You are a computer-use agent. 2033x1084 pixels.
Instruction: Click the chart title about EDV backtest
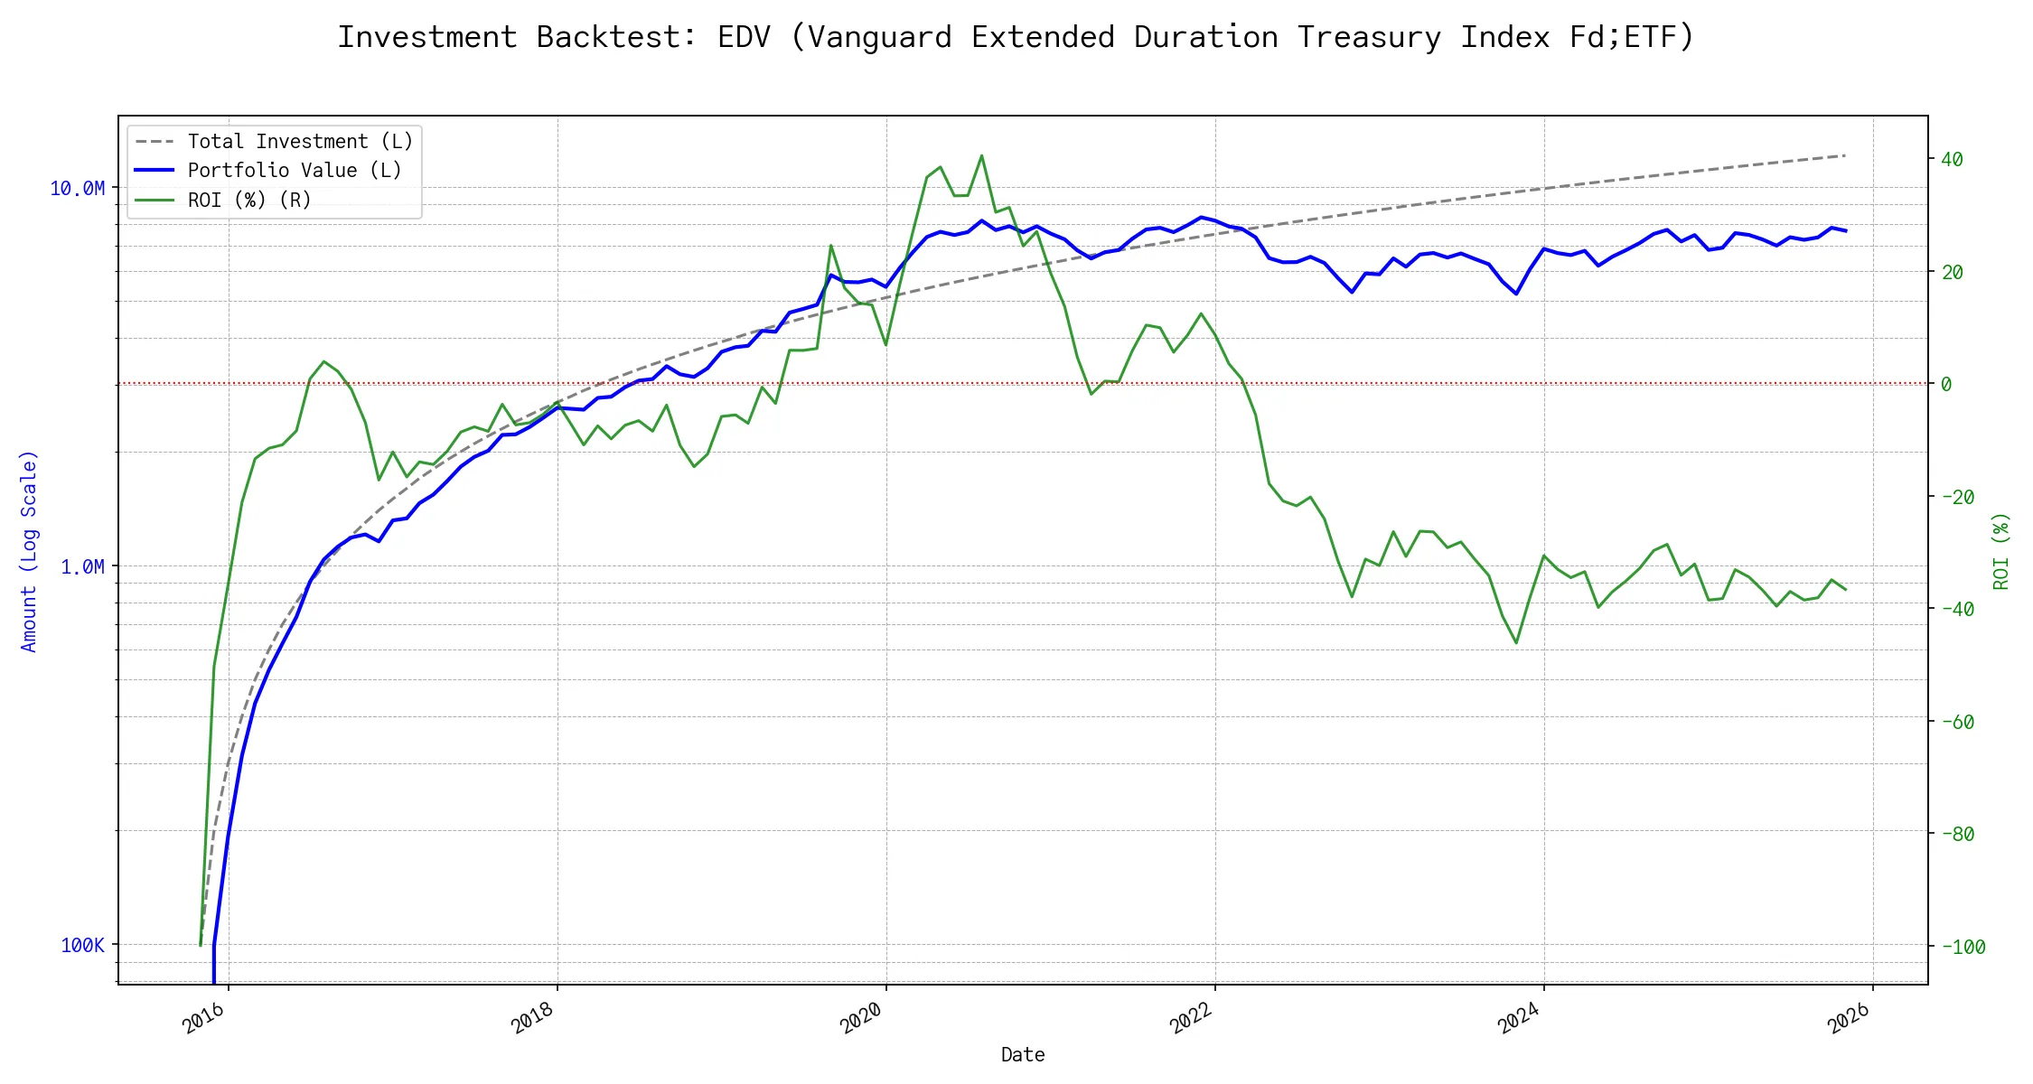coord(1016,37)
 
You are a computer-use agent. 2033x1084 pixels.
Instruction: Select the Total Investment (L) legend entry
coord(299,142)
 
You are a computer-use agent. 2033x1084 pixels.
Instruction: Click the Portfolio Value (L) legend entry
coord(294,171)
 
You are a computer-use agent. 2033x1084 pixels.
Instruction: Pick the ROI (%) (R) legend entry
coord(248,200)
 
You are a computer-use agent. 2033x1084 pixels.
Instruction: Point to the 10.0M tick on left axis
coord(77,188)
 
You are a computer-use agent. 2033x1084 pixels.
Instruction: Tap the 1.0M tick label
coord(82,566)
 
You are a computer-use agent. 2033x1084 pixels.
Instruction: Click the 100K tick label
coord(82,945)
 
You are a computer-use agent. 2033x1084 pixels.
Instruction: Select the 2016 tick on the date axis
coord(204,1018)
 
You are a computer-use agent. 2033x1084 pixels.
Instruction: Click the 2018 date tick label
coord(533,1018)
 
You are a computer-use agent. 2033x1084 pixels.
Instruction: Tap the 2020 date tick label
coord(862,1018)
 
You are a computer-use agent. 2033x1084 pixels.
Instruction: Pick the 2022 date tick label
coord(1191,1018)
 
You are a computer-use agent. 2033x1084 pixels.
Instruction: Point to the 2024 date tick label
coord(1520,1018)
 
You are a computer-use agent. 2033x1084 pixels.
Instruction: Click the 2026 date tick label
coord(1849,1018)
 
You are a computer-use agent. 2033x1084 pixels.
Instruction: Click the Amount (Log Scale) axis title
coord(29,551)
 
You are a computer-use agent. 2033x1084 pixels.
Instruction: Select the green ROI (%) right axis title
coord(2001,551)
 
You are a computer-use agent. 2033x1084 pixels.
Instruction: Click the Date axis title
coord(1023,1054)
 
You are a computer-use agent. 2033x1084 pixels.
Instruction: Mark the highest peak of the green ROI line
coord(981,155)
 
